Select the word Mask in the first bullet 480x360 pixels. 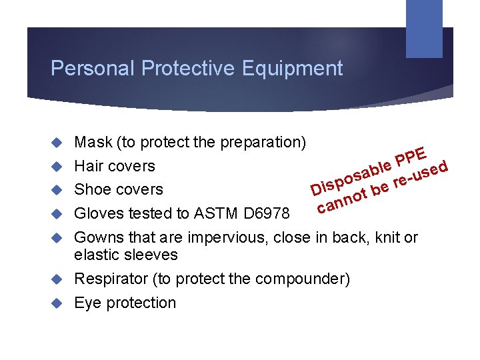(93, 142)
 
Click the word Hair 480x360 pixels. (88, 166)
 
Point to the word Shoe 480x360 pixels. (91, 190)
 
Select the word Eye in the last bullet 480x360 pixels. (87, 303)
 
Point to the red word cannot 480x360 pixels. (342, 201)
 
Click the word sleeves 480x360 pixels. (154, 255)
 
